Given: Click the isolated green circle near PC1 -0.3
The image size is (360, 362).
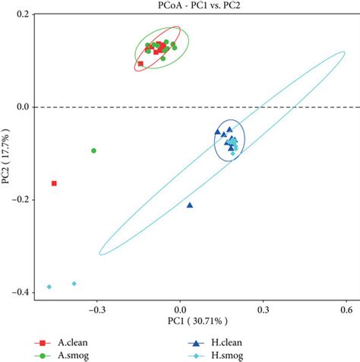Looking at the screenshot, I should pyautogui.click(x=93, y=151).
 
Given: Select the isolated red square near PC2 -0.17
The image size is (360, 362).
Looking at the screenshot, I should pyautogui.click(x=54, y=183).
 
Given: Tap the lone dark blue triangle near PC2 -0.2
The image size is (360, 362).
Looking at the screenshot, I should pyautogui.click(x=190, y=205).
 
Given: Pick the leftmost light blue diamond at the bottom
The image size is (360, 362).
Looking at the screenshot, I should pyautogui.click(x=49, y=287).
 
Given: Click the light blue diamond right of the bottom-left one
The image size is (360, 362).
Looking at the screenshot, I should pyautogui.click(x=74, y=284).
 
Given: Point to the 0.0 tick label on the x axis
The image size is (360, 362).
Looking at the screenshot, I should pyautogui.click(x=180, y=310).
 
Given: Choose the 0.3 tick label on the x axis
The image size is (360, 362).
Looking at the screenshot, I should pyautogui.click(x=263, y=310).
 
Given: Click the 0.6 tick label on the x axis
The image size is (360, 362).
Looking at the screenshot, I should pyautogui.click(x=346, y=310).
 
